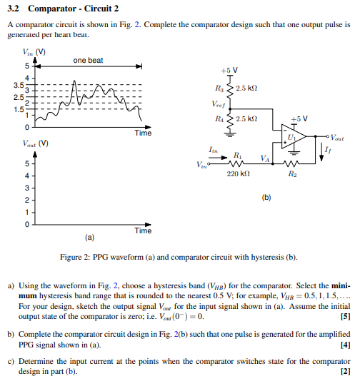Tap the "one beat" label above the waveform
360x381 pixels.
[88, 61]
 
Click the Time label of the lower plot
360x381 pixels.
[143, 230]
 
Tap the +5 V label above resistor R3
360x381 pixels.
[229, 71]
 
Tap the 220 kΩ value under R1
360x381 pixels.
[238, 173]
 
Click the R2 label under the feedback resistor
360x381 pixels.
[291, 173]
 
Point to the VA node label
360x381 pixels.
[266, 158]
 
